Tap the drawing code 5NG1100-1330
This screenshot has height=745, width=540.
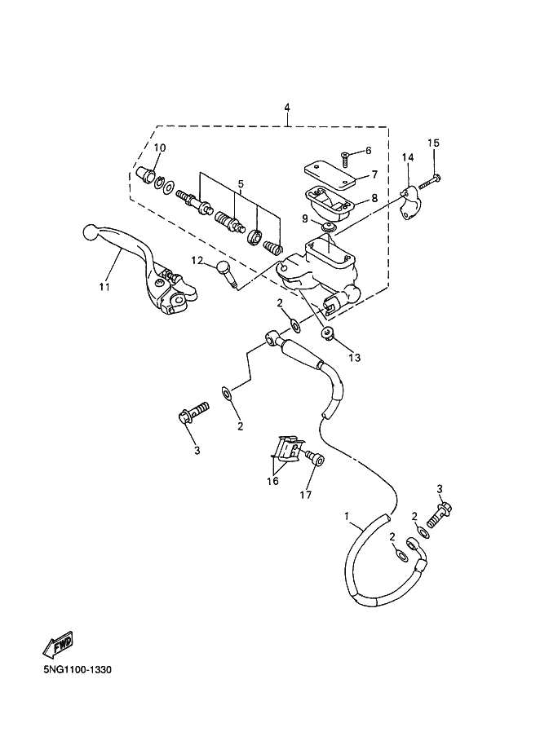click(77, 670)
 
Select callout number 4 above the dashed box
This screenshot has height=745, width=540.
click(286, 108)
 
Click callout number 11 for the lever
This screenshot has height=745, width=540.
click(104, 286)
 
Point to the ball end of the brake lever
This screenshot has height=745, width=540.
click(91, 233)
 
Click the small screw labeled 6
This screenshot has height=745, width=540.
click(346, 159)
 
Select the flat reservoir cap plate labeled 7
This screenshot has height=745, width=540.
click(330, 174)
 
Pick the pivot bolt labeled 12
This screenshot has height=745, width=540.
click(227, 275)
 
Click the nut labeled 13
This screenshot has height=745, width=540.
click(328, 333)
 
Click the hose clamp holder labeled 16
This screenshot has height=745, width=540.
click(289, 448)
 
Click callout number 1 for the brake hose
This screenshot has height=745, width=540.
click(347, 515)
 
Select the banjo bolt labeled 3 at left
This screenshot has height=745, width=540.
click(194, 411)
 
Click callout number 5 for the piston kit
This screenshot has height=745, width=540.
click(241, 183)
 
